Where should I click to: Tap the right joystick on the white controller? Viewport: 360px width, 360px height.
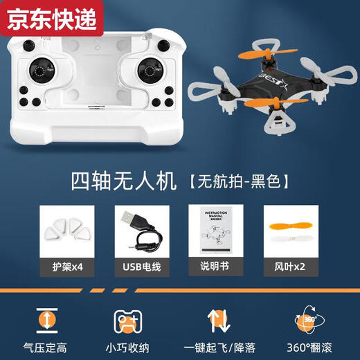(x=147, y=71)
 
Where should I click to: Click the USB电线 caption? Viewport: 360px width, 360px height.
(x=141, y=266)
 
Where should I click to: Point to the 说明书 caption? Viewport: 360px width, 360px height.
(x=216, y=266)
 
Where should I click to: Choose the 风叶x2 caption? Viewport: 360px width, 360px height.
(x=291, y=266)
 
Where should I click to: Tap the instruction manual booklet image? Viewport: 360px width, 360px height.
(x=216, y=229)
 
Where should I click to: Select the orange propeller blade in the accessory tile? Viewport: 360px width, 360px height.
(x=291, y=224)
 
